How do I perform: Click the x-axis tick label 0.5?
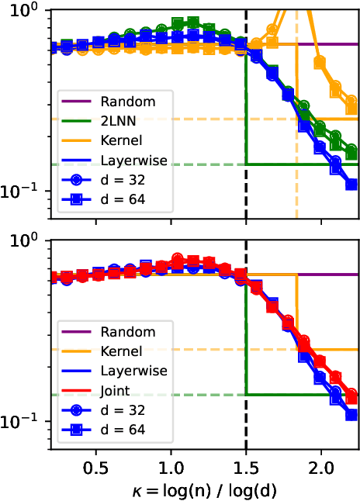[x=96, y=469]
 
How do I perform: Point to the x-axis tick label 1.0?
[x=171, y=469]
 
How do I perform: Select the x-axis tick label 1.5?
[x=246, y=469]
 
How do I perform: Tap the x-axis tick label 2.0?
[x=320, y=469]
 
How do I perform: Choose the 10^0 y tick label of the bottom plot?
[x=29, y=241]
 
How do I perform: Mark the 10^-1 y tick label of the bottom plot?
[x=27, y=423]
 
